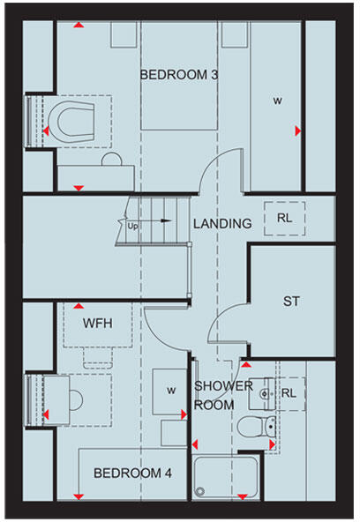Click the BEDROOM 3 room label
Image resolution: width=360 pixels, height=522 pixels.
point(179,75)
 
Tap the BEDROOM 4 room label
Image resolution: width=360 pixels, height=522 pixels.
point(132,474)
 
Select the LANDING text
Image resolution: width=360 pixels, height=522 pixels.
point(222,224)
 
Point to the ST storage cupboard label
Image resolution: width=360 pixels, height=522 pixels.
point(291,302)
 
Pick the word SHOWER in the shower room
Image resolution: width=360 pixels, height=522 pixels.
point(218,386)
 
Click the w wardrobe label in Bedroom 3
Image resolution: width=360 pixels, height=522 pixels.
point(277,101)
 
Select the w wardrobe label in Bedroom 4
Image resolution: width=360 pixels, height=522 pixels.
point(172,389)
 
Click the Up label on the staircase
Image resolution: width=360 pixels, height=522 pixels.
point(134,226)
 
